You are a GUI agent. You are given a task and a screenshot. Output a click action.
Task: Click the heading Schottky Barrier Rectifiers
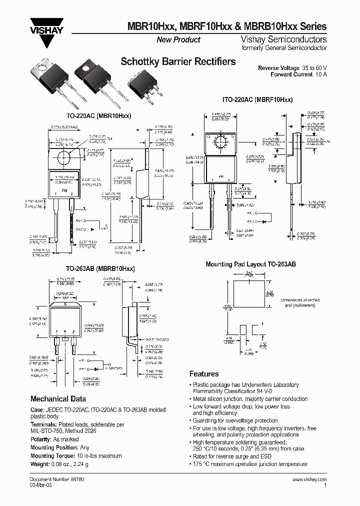click(x=178, y=62)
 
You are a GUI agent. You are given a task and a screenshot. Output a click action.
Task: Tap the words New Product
click(x=178, y=39)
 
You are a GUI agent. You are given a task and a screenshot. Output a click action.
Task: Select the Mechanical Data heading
click(x=58, y=399)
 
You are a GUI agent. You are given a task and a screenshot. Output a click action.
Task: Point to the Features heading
click(x=204, y=374)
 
